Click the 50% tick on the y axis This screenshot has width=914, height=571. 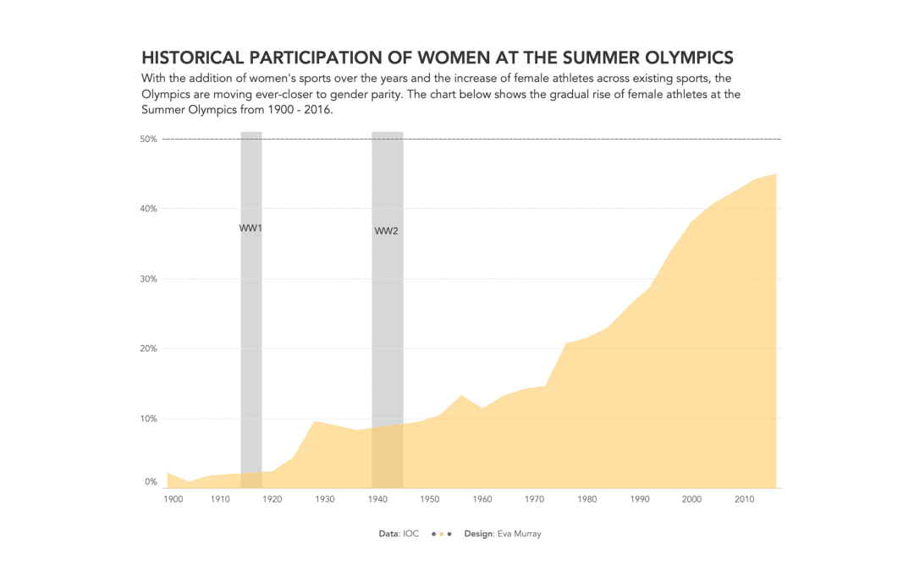149,139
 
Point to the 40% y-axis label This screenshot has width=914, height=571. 149,209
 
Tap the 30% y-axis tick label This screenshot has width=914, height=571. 149,279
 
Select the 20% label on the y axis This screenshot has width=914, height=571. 149,349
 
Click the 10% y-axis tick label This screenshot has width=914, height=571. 149,419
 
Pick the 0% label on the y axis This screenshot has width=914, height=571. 151,482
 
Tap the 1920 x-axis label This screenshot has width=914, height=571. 272,500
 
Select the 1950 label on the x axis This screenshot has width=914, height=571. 429,500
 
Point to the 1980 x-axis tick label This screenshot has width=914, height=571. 586,500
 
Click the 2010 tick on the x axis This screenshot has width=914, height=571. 744,500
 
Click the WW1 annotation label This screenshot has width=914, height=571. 251,228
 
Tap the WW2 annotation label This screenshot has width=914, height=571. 386,231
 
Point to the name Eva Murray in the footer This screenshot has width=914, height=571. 519,534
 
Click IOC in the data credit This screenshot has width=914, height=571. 411,534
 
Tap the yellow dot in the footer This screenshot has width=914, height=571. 441,535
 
